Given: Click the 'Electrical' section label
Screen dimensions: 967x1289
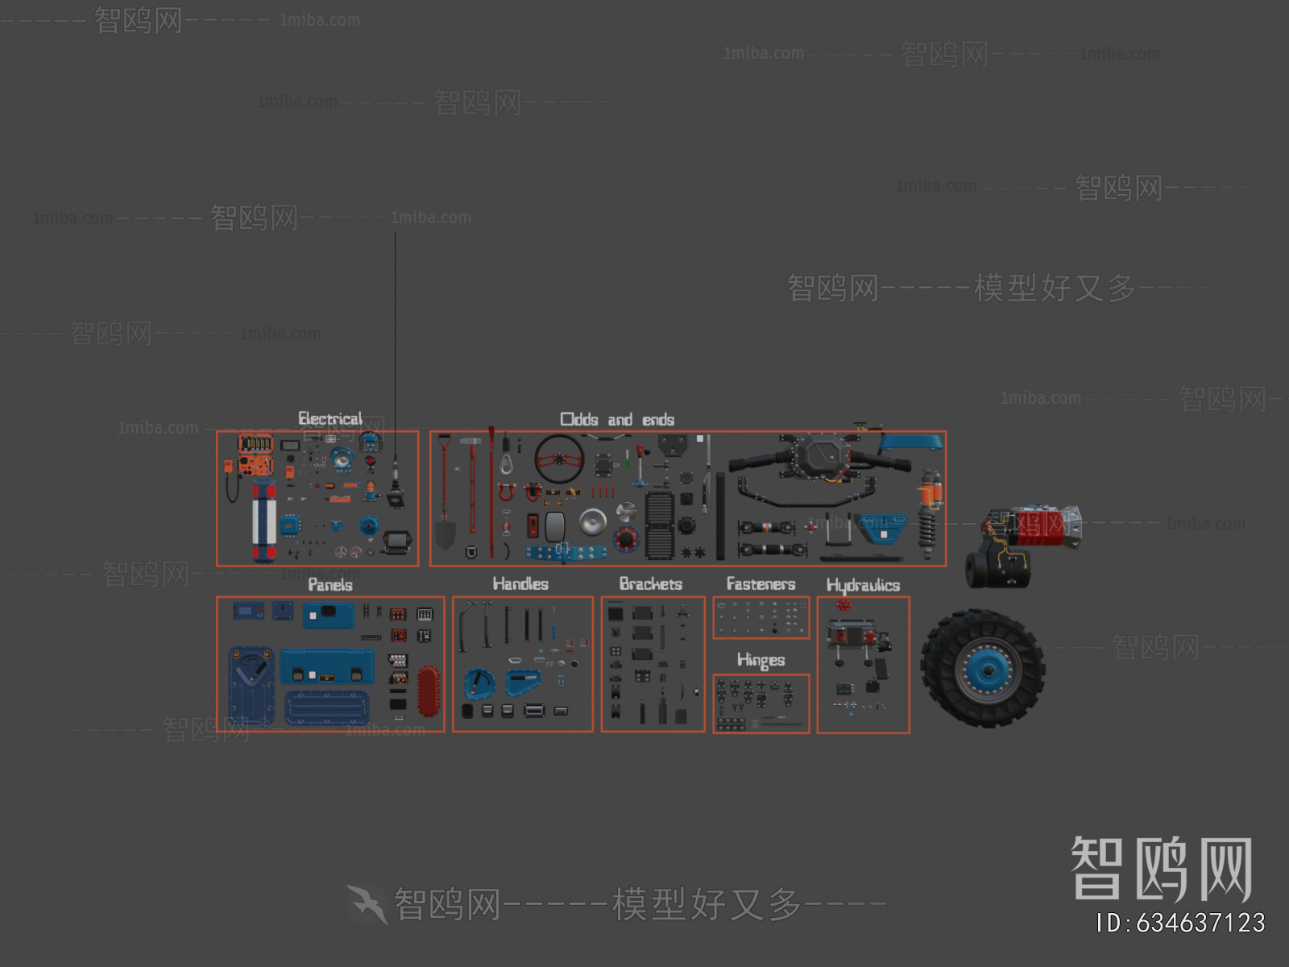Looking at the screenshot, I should (x=330, y=418).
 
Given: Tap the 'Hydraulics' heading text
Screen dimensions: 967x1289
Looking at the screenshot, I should (x=863, y=585).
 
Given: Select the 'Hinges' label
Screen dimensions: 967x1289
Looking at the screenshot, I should (x=761, y=660).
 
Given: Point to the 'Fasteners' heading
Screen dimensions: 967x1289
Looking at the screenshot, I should (x=761, y=583).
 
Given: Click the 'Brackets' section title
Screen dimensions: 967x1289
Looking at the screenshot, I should (x=650, y=583).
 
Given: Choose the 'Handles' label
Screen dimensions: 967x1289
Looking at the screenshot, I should (x=520, y=583).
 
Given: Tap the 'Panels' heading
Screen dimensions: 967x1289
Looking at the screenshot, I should (x=330, y=584).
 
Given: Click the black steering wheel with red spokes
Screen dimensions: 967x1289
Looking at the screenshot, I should (x=559, y=459).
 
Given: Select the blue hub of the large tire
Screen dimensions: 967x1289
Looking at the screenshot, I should (x=984, y=670).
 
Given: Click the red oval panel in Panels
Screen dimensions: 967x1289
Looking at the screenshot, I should (x=429, y=691).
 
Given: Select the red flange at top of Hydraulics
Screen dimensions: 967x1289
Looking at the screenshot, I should (x=843, y=604).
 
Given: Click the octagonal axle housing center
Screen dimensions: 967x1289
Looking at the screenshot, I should (x=821, y=457).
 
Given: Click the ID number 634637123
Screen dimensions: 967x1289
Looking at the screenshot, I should (x=1180, y=923).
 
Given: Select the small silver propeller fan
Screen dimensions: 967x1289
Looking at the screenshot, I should (x=626, y=511).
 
